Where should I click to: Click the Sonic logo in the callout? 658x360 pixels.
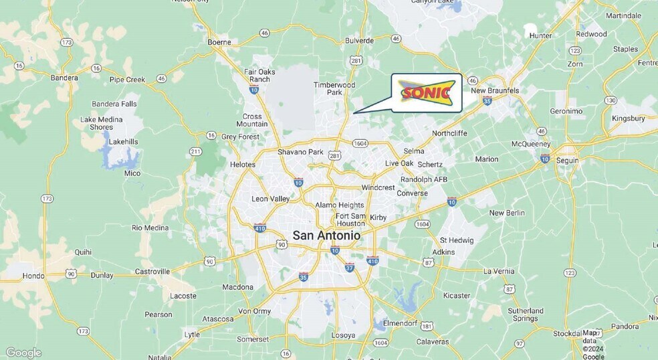tap(427, 93)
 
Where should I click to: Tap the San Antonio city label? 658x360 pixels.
tap(326, 236)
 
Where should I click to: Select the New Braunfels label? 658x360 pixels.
tap(496, 90)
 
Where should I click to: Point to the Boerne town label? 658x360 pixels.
tap(219, 42)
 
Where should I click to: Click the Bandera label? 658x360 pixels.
tap(64, 78)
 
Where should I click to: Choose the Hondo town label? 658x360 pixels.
tap(33, 275)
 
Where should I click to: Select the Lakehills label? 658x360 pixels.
tap(123, 142)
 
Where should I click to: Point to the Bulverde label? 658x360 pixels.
tap(359, 40)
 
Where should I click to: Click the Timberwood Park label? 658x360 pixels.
tap(335, 88)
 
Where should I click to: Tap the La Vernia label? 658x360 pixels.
tap(499, 271)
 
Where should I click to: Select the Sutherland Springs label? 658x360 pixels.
tap(526, 314)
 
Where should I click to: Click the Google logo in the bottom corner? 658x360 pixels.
tap(23, 353)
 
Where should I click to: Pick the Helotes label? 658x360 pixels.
tap(243, 164)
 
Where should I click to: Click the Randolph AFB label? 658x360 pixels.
tap(424, 179)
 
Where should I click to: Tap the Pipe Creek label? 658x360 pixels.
tap(127, 80)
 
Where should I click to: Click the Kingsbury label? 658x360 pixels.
tap(628, 118)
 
